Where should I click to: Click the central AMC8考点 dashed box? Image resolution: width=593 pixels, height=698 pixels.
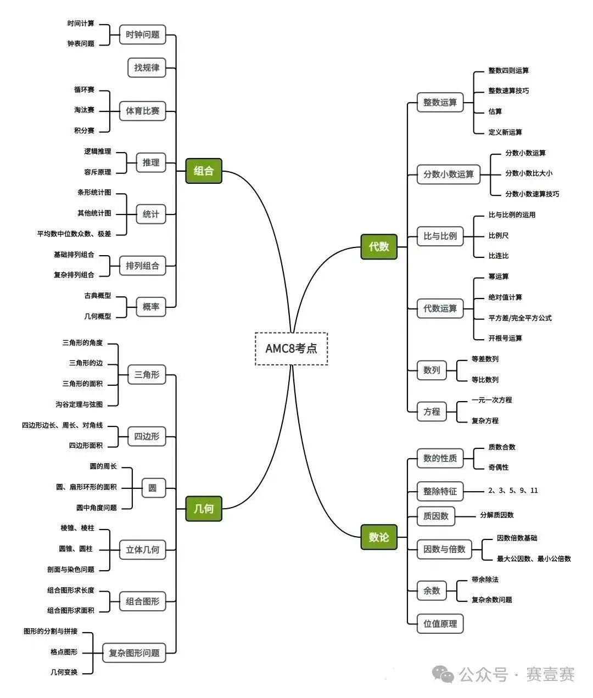(291, 348)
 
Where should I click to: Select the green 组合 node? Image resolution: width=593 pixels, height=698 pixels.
(204, 171)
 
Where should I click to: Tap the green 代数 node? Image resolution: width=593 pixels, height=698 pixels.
(379, 247)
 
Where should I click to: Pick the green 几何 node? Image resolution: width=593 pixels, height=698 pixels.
(204, 509)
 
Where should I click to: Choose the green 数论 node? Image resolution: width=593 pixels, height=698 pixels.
(379, 537)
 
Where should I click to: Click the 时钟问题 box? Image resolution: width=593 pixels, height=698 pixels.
(142, 35)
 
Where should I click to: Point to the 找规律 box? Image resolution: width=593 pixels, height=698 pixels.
(147, 67)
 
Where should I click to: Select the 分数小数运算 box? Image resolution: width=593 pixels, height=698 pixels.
(448, 174)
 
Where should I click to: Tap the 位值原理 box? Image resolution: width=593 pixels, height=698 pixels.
(440, 623)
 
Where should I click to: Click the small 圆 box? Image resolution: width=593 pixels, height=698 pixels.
(153, 488)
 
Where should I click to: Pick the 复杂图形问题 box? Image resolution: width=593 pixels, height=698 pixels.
(134, 653)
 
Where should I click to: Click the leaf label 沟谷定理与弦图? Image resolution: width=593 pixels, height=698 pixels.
(79, 404)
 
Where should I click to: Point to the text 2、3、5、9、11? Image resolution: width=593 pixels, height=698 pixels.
(513, 491)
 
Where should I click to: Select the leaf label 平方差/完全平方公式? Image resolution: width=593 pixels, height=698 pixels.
(520, 318)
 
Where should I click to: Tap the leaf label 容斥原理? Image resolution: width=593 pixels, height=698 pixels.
(98, 172)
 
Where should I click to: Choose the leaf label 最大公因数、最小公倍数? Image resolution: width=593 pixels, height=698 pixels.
(534, 559)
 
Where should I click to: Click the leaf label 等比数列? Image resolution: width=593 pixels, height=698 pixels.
(485, 380)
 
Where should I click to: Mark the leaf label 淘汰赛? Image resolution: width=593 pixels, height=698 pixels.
(85, 110)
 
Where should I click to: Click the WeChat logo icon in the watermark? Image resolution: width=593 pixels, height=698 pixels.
(444, 674)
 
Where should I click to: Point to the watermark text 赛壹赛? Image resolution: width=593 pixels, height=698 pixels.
(550, 674)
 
